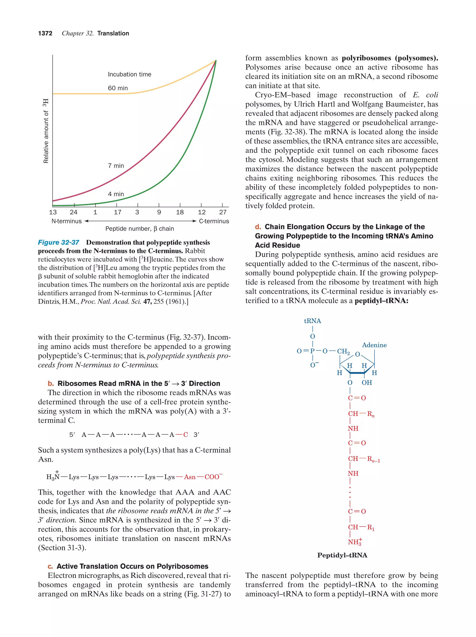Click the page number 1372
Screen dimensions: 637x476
click(x=45, y=33)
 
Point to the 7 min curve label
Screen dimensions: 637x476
click(x=116, y=166)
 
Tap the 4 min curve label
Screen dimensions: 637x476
click(x=116, y=194)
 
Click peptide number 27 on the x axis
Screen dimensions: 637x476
click(x=223, y=212)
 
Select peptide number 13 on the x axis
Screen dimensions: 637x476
click(x=53, y=212)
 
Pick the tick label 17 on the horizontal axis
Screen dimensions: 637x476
click(x=117, y=212)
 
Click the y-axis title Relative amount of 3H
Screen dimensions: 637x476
click(x=46, y=131)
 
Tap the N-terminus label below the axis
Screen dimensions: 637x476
click(x=66, y=221)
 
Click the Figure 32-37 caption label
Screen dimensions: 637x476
click(x=59, y=242)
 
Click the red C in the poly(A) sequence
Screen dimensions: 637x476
click(x=185, y=435)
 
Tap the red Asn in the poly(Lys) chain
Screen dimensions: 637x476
click(x=189, y=477)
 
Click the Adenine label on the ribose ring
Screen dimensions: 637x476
click(x=374, y=345)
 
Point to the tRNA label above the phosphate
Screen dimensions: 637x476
click(x=312, y=321)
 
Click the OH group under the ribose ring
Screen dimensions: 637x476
click(x=367, y=383)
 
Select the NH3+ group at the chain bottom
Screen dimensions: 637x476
click(x=354, y=542)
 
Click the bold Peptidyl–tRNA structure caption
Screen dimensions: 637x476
click(x=342, y=555)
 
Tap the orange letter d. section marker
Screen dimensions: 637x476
click(x=258, y=227)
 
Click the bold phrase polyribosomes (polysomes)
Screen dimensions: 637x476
click(x=390, y=58)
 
